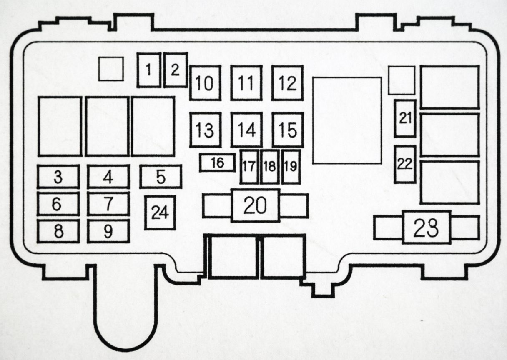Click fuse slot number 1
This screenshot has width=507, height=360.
[x=149, y=70]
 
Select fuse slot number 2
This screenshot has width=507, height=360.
[x=176, y=70]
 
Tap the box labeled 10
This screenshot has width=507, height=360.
[x=205, y=83]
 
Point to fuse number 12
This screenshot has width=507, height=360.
[x=288, y=83]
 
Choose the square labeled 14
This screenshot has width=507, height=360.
[x=247, y=130]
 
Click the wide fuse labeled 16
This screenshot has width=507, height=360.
[x=217, y=162]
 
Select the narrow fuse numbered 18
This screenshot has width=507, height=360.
[x=270, y=167]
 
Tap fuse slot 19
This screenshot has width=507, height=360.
[x=291, y=167]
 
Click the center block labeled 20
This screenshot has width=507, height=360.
[x=255, y=205]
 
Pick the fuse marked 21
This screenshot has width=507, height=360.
[x=405, y=118]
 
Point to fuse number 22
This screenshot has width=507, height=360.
[x=405, y=164]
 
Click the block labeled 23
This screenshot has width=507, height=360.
[x=427, y=227]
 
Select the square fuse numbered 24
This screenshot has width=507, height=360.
[x=160, y=212]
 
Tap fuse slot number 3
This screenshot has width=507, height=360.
[x=58, y=177]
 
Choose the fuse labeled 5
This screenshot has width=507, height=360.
[x=161, y=177]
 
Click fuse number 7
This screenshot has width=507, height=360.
[x=108, y=204]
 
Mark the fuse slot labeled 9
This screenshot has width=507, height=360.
[x=108, y=231]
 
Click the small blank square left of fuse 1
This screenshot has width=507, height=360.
[x=111, y=69]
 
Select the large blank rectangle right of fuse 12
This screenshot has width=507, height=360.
[x=347, y=120]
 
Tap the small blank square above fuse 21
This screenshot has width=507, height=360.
[x=402, y=80]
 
